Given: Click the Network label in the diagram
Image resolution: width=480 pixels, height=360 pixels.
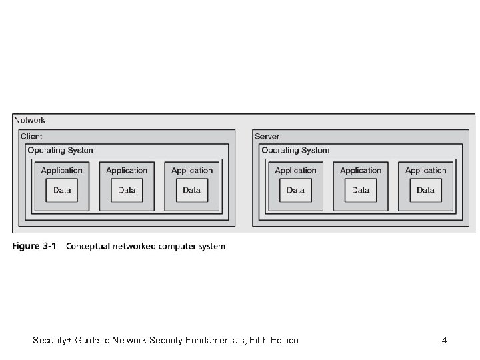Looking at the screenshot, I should [30, 120].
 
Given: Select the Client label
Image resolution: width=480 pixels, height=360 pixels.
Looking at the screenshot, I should [31, 137].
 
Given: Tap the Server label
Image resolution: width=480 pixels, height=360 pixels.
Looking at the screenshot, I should [267, 137].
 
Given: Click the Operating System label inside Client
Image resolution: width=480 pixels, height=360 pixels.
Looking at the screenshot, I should [61, 150].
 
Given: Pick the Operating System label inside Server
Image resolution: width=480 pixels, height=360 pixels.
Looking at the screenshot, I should [295, 150].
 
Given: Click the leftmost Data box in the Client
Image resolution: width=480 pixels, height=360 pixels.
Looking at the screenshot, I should [62, 190].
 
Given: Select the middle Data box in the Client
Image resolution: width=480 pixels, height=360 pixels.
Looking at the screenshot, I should [127, 190].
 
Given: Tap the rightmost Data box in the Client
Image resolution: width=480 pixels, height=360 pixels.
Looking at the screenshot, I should [192, 190].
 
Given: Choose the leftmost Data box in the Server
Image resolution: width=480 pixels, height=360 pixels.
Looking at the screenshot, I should [296, 190].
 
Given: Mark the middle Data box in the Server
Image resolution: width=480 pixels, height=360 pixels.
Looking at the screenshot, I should [361, 190].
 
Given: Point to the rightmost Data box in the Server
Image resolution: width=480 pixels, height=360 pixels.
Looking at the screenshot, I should [426, 190].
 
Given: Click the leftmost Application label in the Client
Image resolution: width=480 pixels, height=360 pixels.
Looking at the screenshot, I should [62, 171].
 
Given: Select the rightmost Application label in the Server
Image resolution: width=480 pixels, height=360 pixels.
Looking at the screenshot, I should [426, 171].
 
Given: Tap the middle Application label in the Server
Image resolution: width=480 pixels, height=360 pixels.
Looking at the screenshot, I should [361, 171].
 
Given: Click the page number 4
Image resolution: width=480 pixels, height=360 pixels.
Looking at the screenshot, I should [444, 341].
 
